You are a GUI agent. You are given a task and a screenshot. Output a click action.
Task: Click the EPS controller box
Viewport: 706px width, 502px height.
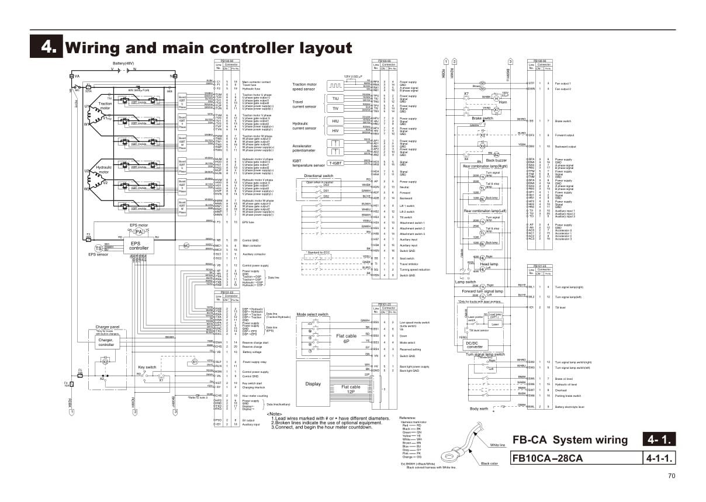pos(139,245)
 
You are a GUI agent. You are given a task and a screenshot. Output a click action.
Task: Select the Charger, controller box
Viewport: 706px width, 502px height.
pos(106,342)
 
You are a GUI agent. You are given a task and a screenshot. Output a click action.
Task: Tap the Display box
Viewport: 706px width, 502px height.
pos(313,384)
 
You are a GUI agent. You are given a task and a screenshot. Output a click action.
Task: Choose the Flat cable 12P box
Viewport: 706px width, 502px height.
pos(351,389)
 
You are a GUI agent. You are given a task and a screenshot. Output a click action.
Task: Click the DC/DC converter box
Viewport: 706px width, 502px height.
pos(475,344)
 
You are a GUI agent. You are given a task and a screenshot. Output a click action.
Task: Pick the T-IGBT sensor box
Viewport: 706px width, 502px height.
pos(335,164)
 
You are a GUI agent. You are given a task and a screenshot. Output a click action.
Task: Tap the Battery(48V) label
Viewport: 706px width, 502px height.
pos(124,63)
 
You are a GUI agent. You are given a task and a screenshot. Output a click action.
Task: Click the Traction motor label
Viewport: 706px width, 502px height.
pos(105,106)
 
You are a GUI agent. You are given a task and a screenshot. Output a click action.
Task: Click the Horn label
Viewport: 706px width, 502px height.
pos(503,102)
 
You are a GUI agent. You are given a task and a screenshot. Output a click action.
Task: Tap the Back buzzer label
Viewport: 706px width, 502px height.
pos(496,160)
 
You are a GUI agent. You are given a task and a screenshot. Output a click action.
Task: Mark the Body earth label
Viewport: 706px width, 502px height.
pos(479,408)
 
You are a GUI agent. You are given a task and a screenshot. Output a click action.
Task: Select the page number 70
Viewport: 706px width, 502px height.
pos(671,476)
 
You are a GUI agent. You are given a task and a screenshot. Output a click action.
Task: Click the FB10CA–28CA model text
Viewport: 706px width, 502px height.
pos(547,458)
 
